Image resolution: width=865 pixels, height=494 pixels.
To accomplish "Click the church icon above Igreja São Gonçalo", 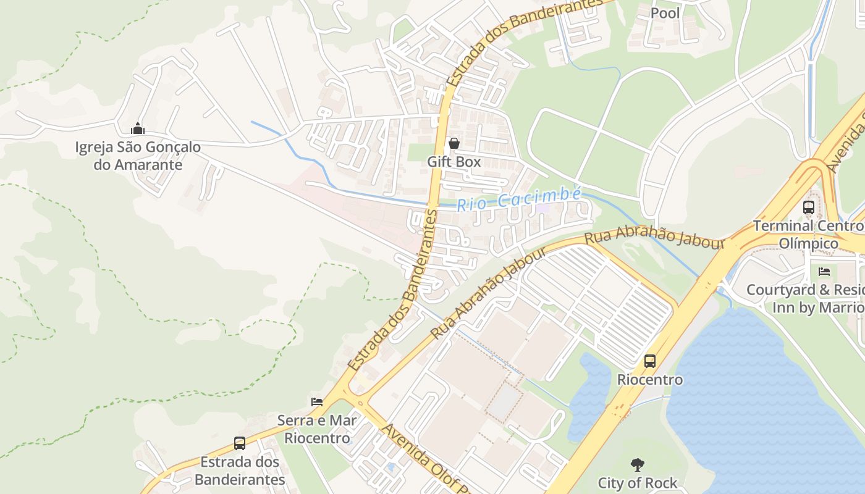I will point(137,128).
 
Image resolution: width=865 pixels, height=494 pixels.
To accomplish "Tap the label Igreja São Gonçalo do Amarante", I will point(138,156).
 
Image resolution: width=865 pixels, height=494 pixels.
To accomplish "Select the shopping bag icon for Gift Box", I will point(454,143).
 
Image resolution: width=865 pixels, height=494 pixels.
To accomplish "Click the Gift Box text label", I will point(454,162).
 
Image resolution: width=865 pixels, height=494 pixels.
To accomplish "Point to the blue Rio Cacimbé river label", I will point(518,199).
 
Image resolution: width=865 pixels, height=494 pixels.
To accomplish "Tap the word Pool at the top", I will point(665,13).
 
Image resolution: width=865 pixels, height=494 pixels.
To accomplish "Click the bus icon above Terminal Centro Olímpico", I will point(808,207).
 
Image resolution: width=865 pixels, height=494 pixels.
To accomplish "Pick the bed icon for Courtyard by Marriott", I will point(824,271).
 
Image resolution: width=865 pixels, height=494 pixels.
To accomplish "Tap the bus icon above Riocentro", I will point(649,361).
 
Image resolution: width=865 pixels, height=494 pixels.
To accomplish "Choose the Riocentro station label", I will point(650,379).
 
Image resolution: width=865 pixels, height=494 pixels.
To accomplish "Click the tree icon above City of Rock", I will point(637,464).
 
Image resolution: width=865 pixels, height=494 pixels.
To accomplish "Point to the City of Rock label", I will point(637,483).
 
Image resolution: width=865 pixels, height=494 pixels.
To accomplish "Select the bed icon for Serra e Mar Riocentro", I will point(317,402).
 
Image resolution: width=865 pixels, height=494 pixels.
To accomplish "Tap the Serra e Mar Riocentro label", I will point(316,430).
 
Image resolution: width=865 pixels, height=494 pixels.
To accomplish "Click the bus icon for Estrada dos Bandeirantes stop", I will point(239,443).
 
